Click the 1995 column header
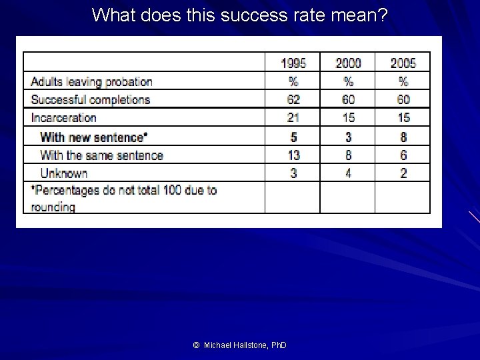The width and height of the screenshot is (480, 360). pos(293,63)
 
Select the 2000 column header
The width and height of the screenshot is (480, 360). pos(348,63)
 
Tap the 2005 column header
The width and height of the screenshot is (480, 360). pos(403,63)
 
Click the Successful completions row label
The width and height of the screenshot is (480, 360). pos(90,100)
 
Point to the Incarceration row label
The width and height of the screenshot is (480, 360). pos(63,118)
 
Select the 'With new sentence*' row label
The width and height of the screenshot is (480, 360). pos(93,137)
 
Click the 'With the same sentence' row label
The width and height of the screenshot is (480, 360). pos(101,155)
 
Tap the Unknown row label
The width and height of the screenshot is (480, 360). pos(64,173)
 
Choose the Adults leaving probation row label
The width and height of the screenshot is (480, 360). pos(91,82)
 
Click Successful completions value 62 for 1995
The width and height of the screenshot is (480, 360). pos(293,100)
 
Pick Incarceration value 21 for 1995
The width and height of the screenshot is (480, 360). pos(293,118)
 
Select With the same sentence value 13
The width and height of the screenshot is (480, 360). pos(293,155)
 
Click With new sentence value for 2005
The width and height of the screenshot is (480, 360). pos(403,137)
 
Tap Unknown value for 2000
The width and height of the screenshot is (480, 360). pos(348,173)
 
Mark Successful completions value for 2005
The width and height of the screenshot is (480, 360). pos(403,100)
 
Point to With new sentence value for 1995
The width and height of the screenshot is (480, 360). pos(293,137)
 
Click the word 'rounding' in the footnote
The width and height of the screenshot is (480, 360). pos(53,207)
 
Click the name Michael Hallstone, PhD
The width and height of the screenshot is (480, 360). pos(246,345)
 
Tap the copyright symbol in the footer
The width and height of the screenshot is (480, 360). pos(196,345)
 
